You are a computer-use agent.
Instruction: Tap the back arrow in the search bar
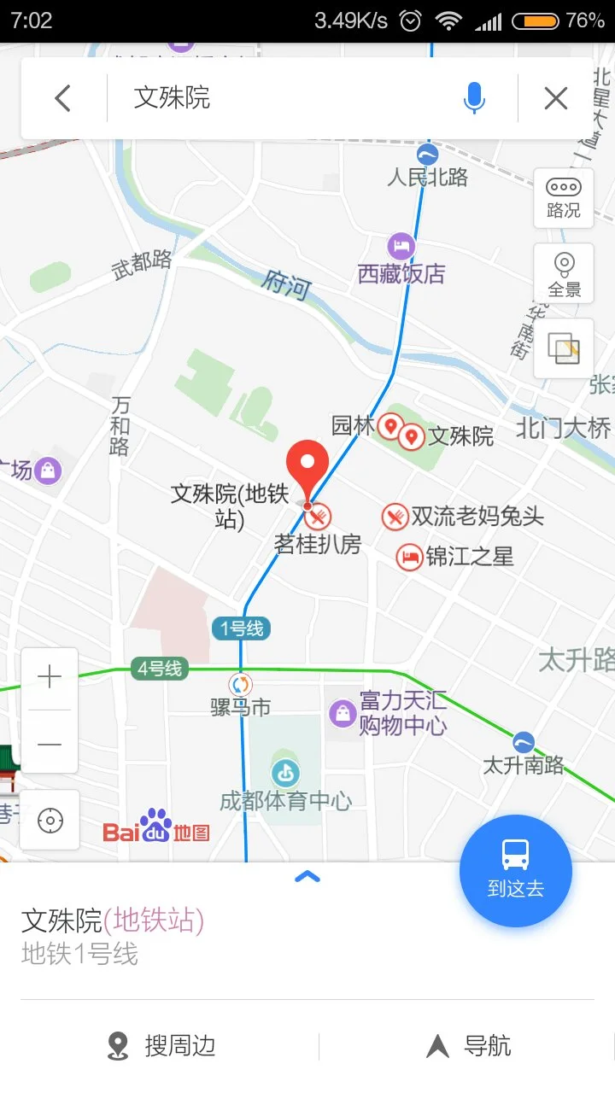point(62,99)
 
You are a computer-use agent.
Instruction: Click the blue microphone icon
point(474,99)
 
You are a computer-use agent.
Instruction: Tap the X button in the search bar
point(556,99)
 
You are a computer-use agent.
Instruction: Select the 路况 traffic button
point(563,197)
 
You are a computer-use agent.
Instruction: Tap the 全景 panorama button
point(563,274)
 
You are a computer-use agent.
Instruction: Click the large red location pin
point(307,468)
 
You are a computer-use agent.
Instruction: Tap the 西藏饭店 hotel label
point(401,273)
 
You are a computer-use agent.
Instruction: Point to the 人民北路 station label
point(427,177)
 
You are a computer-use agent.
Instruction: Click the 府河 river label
point(287,283)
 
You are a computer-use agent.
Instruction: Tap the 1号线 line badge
point(242,629)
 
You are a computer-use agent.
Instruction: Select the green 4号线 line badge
point(160,669)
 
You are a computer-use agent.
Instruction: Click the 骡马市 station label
point(241,707)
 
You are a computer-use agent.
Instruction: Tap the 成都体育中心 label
point(285,800)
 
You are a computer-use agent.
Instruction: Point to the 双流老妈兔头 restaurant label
point(477,516)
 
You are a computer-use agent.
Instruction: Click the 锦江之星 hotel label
point(469,557)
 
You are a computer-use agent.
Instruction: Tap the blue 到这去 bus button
point(515,870)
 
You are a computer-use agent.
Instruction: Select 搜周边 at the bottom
point(162,1046)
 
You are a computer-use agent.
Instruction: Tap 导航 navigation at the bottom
point(470,1046)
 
